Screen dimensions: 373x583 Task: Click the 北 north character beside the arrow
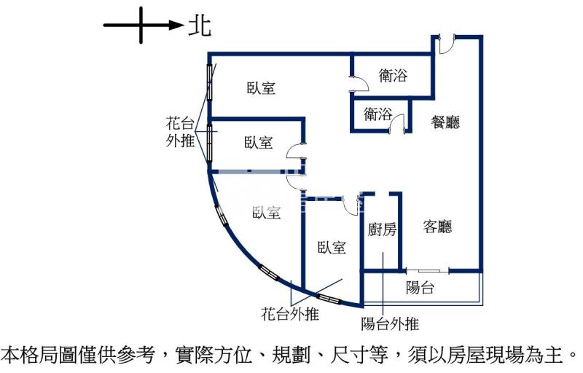coord(200,26)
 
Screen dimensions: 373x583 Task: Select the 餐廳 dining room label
coord(445,122)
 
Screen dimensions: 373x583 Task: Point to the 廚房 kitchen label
coord(382,230)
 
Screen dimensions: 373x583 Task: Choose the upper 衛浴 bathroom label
coord(394,75)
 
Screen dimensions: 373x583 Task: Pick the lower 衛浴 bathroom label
coord(378,114)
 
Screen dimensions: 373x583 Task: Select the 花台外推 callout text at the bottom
coord(290,315)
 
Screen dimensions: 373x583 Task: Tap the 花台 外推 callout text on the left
coord(181,132)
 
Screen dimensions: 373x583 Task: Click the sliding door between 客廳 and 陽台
coord(428,271)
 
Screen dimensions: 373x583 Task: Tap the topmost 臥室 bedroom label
coord(261,89)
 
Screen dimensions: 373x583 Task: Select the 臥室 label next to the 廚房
coord(332,248)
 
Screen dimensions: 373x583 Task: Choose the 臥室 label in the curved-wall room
coord(267,213)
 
